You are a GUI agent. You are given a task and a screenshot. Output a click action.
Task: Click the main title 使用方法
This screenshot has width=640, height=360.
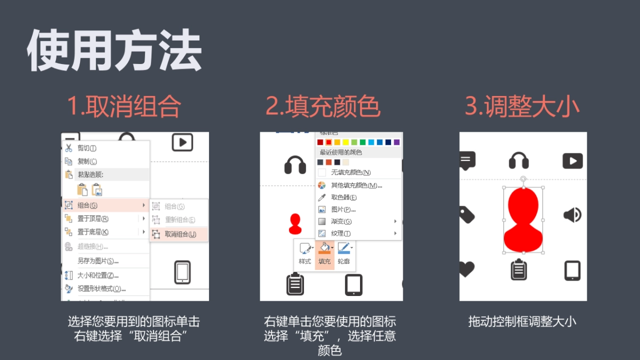point(114,51)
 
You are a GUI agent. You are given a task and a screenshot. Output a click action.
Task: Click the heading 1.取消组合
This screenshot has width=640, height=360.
point(124,107)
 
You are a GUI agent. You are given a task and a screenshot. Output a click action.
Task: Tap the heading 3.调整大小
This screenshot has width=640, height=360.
point(522,107)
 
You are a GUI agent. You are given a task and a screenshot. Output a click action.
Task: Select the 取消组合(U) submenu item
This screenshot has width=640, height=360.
point(179,234)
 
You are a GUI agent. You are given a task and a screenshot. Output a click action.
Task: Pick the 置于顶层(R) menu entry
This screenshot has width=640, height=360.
point(93,219)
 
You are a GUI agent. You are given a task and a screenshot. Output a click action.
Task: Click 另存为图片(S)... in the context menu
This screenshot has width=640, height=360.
point(98,261)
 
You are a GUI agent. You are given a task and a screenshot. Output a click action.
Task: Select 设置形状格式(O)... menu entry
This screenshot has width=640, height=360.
point(101,289)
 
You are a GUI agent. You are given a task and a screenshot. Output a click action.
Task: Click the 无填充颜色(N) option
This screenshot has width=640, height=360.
point(350,172)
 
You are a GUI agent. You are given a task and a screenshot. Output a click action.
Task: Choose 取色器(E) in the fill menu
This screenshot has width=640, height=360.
point(343,197)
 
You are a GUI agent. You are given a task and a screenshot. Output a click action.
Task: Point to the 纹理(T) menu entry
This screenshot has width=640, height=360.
point(341,234)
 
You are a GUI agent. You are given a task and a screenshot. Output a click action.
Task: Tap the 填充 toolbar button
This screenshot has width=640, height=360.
point(324,254)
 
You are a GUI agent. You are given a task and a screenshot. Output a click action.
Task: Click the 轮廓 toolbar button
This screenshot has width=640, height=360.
point(344,254)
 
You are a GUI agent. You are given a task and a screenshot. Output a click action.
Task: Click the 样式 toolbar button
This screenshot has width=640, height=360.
point(305,254)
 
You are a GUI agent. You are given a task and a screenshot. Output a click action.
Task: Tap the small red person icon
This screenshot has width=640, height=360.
point(295,224)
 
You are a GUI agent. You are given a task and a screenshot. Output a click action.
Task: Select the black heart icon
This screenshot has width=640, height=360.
point(466,269)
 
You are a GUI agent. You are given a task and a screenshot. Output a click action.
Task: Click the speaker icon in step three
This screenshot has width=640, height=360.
point(572,215)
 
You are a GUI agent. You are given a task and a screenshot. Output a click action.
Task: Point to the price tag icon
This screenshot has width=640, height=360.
point(466,215)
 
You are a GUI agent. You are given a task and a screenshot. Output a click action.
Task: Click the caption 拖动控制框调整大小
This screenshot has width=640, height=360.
point(522,322)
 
